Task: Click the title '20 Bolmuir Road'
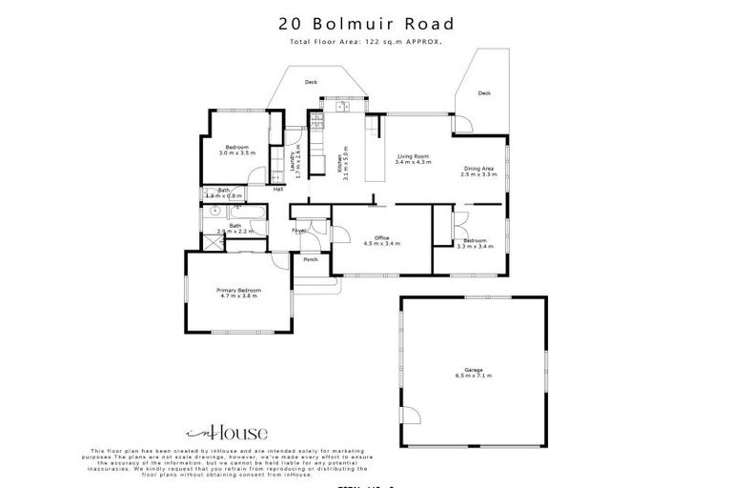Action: click(366, 24)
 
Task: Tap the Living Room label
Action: click(412, 159)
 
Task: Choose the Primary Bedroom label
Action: click(238, 292)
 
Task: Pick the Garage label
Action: click(472, 372)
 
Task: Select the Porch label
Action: click(310, 259)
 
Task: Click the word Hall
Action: click(278, 190)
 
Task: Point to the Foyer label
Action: click(298, 230)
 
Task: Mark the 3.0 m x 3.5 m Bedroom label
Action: click(237, 150)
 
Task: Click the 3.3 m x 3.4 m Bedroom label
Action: click(474, 242)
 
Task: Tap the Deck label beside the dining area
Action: click(484, 93)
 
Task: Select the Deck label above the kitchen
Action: click(311, 83)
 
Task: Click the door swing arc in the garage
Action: click(412, 415)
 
